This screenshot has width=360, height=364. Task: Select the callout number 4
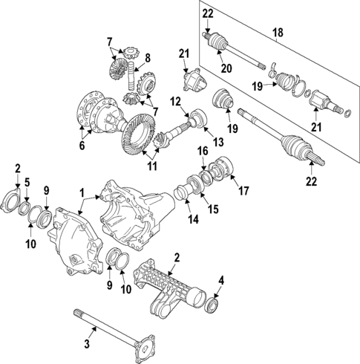220,280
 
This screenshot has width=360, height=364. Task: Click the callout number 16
202,151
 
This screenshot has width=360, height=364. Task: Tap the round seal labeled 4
214,304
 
